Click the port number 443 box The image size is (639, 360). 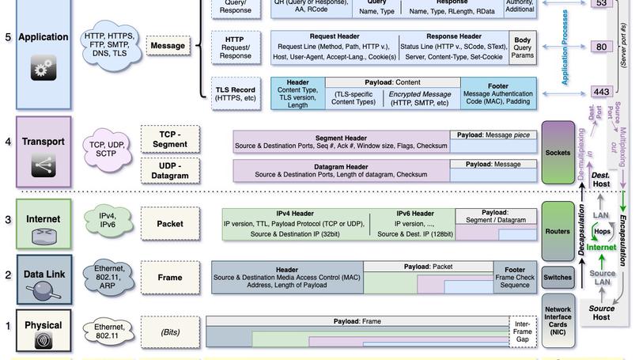point(602,92)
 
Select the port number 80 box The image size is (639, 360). point(602,47)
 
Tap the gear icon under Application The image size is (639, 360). point(43,70)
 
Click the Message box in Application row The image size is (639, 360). point(168,46)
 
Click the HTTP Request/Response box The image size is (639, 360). point(234,47)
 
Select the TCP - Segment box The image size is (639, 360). point(170,139)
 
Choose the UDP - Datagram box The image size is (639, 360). point(170,170)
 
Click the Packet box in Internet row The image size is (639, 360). point(170,224)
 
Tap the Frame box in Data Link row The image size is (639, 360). point(170,278)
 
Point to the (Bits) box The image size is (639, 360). point(170,332)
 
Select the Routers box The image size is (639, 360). point(558,232)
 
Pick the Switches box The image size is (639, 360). point(558,278)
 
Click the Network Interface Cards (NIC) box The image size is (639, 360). point(558,321)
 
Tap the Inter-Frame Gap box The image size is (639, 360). point(522,332)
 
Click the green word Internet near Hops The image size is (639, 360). point(601,248)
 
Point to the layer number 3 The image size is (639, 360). point(8,219)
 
